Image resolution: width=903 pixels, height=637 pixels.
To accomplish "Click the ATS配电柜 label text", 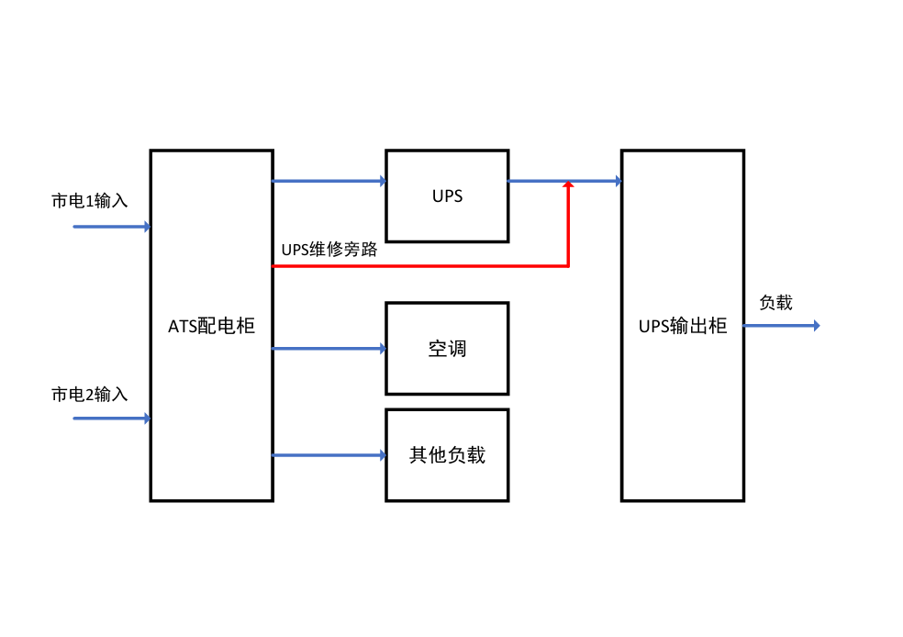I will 211,326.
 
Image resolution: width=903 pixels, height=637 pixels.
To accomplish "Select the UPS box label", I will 447,196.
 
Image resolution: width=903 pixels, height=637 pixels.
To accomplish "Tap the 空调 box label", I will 447,349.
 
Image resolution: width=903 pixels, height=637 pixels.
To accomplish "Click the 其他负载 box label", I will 447,455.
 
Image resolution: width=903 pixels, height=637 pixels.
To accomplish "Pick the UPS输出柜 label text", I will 683,326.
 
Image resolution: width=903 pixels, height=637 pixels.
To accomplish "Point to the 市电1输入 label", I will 89,201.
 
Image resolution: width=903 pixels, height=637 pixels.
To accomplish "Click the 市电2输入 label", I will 89,395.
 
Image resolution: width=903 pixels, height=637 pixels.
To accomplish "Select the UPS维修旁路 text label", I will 329,250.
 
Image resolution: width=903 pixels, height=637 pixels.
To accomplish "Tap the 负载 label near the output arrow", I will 775,303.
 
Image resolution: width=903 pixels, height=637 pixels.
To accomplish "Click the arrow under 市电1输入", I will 110,226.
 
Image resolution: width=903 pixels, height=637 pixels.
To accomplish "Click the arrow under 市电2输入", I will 110,419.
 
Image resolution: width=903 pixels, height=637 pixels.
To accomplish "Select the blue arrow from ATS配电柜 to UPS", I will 329,181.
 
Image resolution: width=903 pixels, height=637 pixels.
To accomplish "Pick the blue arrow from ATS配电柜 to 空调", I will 329,348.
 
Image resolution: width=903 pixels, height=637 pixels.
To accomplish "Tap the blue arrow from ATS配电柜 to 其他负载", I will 329,455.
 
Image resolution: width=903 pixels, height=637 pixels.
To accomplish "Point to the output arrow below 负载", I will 780,326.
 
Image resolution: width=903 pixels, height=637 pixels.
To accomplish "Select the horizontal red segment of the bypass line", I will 420,266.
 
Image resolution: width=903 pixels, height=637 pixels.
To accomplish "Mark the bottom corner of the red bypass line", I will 568,266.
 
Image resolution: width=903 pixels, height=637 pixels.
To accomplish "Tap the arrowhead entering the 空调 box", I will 381,348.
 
